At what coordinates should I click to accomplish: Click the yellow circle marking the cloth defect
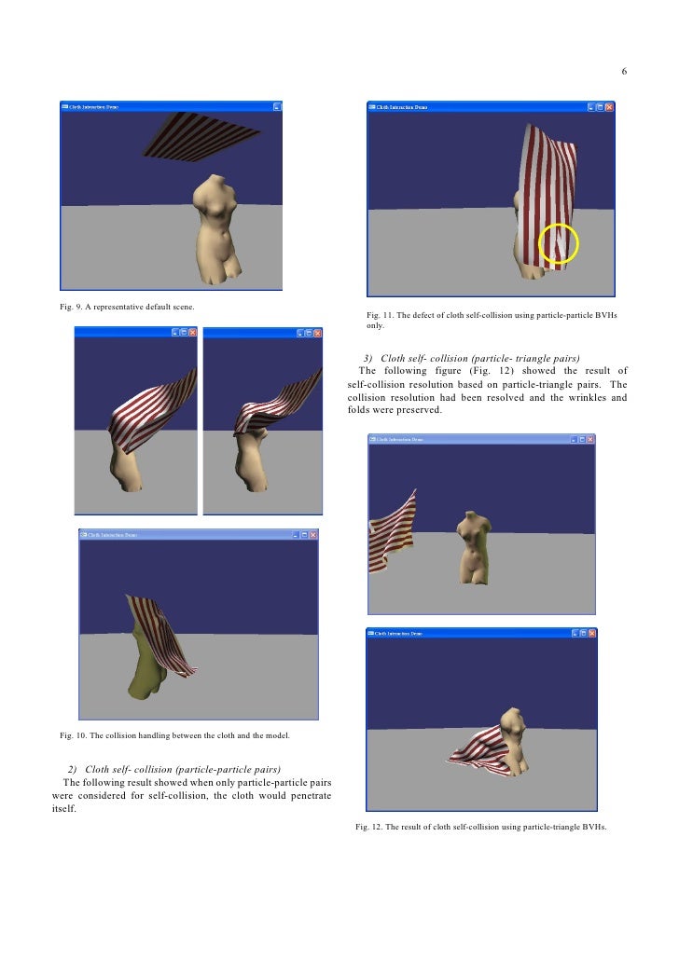click(560, 243)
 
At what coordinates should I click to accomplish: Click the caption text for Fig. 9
click(127, 307)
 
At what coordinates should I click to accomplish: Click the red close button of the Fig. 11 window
click(609, 107)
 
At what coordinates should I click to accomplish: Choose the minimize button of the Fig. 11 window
click(589, 107)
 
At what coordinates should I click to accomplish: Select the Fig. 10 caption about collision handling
click(174, 735)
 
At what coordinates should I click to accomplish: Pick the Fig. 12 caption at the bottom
click(481, 827)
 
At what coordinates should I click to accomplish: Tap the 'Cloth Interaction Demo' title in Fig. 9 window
click(93, 107)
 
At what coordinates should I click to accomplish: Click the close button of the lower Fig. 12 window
click(589, 633)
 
